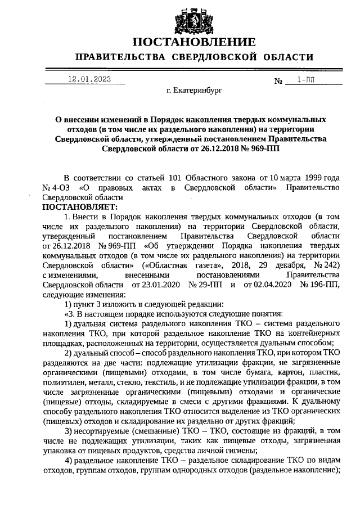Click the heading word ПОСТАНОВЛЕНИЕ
click(x=194, y=42)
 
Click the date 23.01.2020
click(x=151, y=285)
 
